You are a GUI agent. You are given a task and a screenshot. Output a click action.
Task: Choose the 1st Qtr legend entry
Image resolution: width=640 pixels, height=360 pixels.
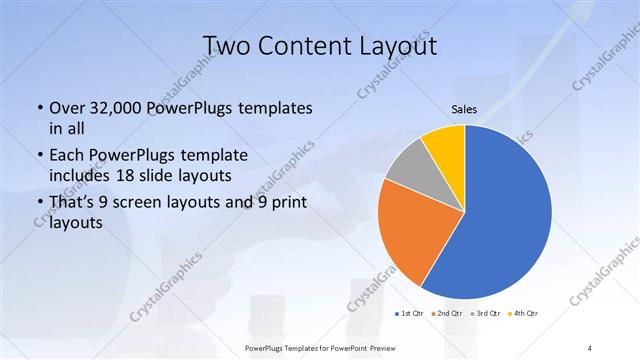[x=412, y=313]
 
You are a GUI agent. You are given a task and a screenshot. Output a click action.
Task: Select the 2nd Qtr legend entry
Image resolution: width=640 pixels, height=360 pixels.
[x=447, y=313]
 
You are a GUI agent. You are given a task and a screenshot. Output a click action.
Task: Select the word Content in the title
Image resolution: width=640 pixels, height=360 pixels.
[x=309, y=46]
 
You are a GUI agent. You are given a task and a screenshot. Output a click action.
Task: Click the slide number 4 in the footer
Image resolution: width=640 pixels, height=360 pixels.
[x=590, y=348]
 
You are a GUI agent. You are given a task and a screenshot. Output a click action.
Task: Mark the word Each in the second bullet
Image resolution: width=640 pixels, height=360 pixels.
[x=66, y=156]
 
